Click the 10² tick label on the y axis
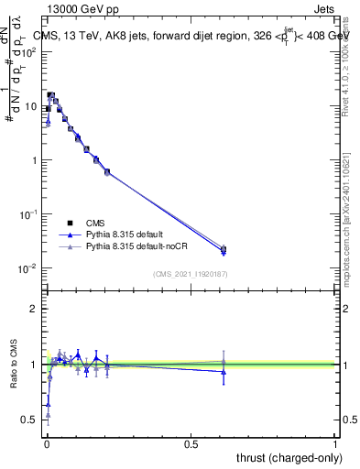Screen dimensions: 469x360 click(30, 51)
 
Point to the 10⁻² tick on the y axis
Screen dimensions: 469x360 click(30, 268)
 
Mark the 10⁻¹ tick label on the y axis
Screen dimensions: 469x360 click(30, 214)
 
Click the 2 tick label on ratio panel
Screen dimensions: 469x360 click(34, 309)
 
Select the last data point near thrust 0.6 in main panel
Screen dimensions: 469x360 click(224, 249)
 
